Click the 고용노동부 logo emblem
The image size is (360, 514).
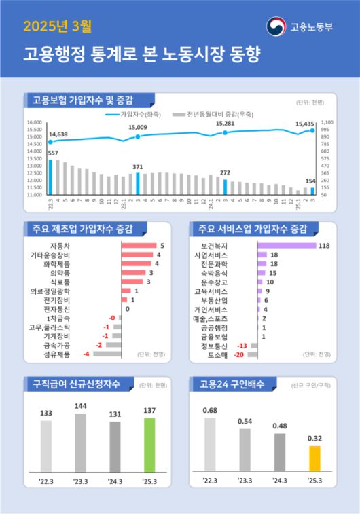(x=276, y=27)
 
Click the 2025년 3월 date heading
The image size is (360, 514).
(x=58, y=27)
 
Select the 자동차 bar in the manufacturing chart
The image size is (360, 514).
(x=139, y=246)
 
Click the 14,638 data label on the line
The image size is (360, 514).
(x=58, y=134)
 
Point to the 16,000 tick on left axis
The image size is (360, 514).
(x=34, y=122)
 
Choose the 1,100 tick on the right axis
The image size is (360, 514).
(x=326, y=122)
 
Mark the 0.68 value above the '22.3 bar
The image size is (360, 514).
(x=210, y=410)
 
